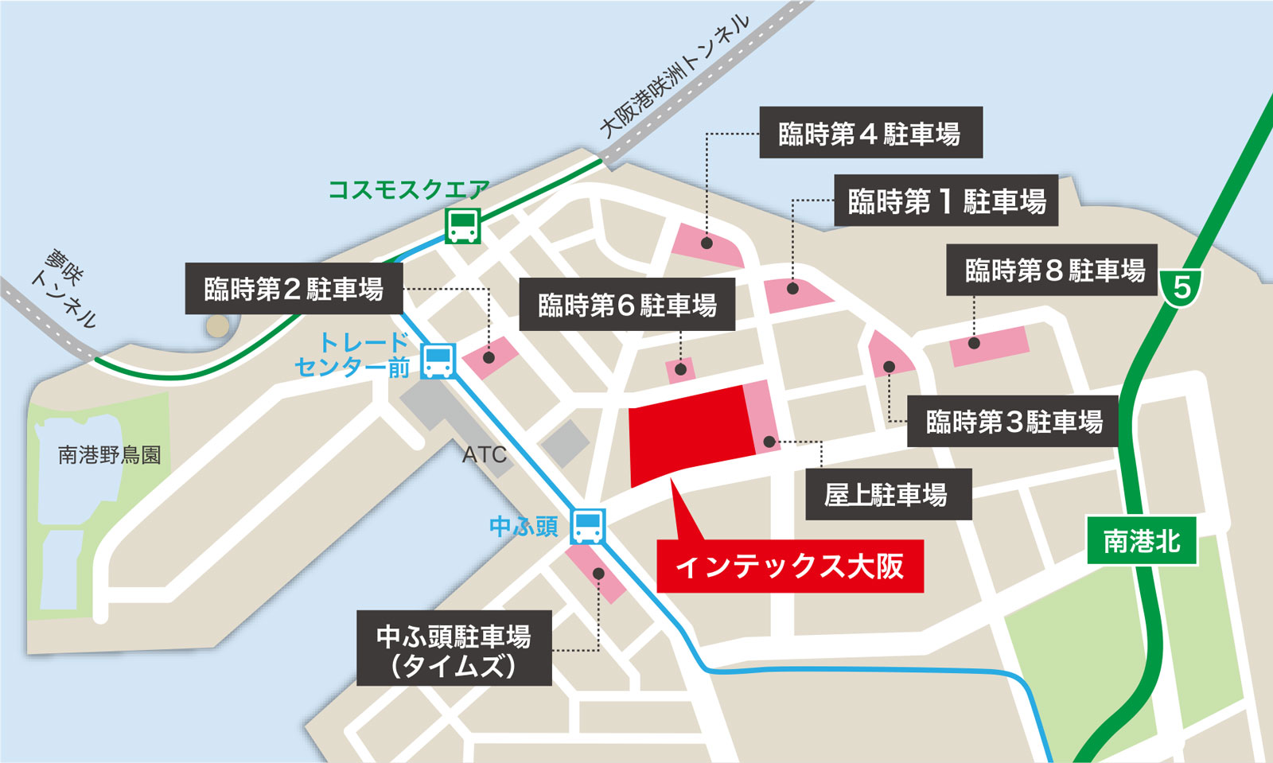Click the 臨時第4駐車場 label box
click(x=870, y=133)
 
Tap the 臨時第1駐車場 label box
click(x=946, y=200)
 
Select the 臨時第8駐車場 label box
click(x=1051, y=271)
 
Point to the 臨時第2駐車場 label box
click(x=294, y=289)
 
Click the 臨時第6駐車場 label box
click(x=627, y=305)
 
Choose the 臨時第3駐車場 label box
click(x=1013, y=421)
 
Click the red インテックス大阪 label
click(x=789, y=566)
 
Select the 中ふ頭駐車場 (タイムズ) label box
click(x=454, y=648)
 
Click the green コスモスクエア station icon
click(x=462, y=226)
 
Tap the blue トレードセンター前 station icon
click(x=438, y=361)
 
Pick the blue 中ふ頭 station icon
click(x=588, y=526)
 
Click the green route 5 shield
click(x=1181, y=286)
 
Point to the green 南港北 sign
click(x=1142, y=542)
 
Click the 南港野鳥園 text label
click(x=110, y=455)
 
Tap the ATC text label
click(x=484, y=455)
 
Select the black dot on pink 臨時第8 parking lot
click(x=974, y=344)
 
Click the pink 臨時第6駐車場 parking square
click(x=680, y=370)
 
